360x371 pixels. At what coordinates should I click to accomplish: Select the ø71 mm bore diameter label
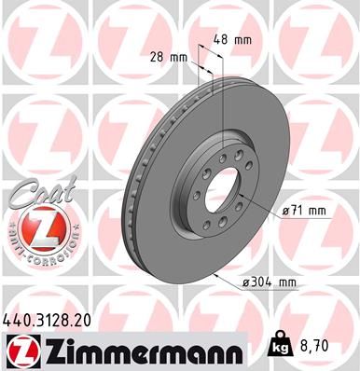point(304,212)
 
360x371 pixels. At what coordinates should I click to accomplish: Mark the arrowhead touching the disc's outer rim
point(216,276)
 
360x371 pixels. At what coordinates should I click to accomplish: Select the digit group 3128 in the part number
point(48,320)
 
